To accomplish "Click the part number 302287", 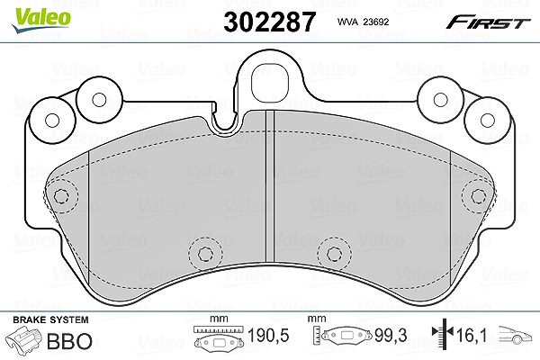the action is (x=269, y=22).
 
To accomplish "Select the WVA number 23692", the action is (x=376, y=22).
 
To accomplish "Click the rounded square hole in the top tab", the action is (x=270, y=82).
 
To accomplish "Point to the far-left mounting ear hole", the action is (x=53, y=121).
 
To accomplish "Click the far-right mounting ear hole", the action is (x=487, y=121).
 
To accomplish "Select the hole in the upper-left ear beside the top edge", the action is (x=100, y=100).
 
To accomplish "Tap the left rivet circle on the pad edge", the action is (x=61, y=196).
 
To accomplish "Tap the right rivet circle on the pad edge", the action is (x=479, y=196).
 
